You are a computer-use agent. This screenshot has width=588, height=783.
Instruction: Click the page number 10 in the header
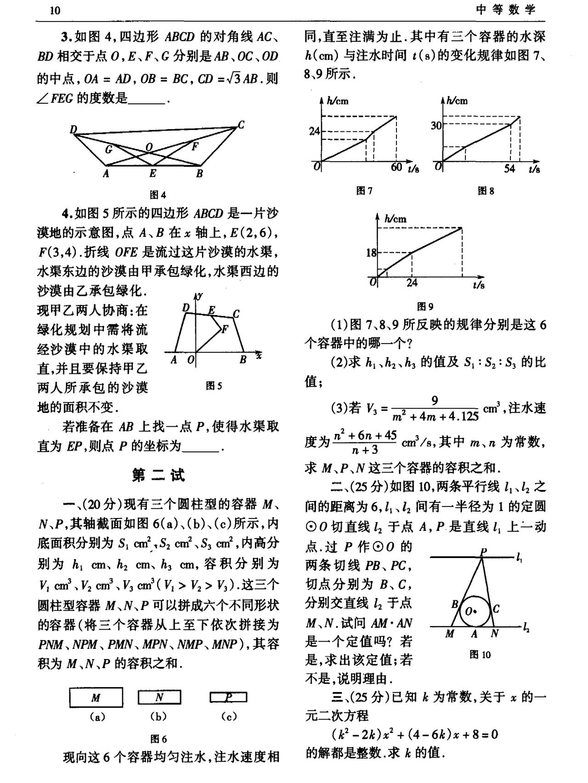pos(55,10)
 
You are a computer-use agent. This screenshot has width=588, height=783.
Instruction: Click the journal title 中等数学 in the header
pos(506,10)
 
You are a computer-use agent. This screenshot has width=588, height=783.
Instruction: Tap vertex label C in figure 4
pos(241,124)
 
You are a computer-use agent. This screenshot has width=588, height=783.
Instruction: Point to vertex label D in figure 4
pos(73,130)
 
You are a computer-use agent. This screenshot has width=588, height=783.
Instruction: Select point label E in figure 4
pos(153,174)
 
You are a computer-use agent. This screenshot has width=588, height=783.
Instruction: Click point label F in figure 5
pos(225,329)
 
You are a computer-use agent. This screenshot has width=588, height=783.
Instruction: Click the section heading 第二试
pos(158,475)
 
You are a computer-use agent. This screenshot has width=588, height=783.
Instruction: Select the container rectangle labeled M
pos(96,698)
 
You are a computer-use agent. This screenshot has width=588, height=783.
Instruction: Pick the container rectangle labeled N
pos(159,698)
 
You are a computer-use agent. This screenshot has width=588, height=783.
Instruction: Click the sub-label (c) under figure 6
pos(228,716)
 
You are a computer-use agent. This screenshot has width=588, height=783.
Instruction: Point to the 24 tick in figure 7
pos(314,131)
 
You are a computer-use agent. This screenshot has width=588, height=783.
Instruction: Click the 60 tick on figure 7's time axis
pos(396,168)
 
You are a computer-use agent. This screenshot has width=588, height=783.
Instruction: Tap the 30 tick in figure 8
pos(435,125)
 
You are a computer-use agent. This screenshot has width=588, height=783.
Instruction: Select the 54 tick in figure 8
pos(509,169)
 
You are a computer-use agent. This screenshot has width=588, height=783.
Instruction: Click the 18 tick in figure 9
pos(371,252)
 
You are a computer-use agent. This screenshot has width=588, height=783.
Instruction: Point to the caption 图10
pos(480,655)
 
